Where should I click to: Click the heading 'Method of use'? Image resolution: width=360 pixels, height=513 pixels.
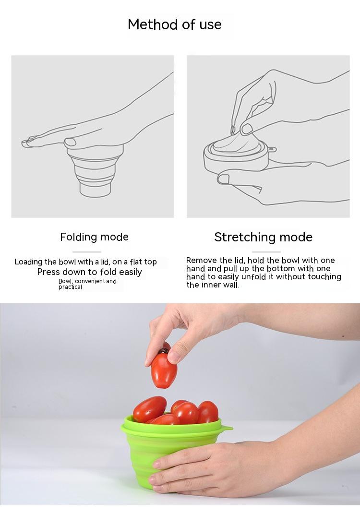coord(174,24)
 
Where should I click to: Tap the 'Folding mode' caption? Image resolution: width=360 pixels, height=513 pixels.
coord(94,237)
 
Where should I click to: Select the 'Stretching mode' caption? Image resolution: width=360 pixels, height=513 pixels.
coord(264,237)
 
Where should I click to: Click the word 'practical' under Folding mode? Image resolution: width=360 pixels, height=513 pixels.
coord(71,287)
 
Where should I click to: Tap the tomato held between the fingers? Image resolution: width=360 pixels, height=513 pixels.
coord(164,370)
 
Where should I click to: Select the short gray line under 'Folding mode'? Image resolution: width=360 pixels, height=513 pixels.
coord(87,252)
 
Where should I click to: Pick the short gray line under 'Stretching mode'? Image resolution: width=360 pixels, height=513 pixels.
coord(266,252)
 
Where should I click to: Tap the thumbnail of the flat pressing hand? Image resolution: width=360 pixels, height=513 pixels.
coord(71,142)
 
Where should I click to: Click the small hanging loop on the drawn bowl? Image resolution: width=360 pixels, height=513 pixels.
coord(271,150)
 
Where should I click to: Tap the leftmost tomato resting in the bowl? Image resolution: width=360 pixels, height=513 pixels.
coord(150,409)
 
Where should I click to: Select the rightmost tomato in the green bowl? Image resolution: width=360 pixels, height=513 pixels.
coord(208,412)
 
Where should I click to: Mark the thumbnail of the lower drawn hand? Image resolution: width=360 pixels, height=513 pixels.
coord(224,179)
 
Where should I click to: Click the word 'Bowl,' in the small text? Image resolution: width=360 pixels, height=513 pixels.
coord(66,281)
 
